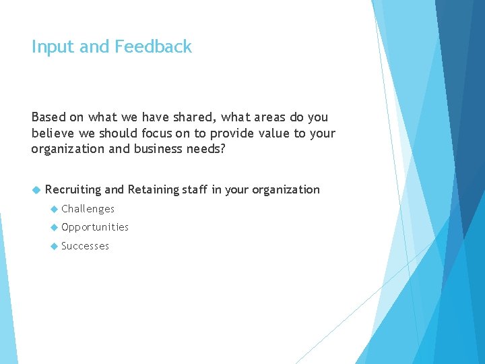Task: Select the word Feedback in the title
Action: pos(153,47)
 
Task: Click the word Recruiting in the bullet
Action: pos(73,189)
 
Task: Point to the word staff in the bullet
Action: pos(195,189)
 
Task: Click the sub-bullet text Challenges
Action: pos(88,209)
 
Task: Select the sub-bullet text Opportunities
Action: pos(94,227)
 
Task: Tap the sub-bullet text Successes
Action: pos(85,246)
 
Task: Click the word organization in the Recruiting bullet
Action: pos(286,189)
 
